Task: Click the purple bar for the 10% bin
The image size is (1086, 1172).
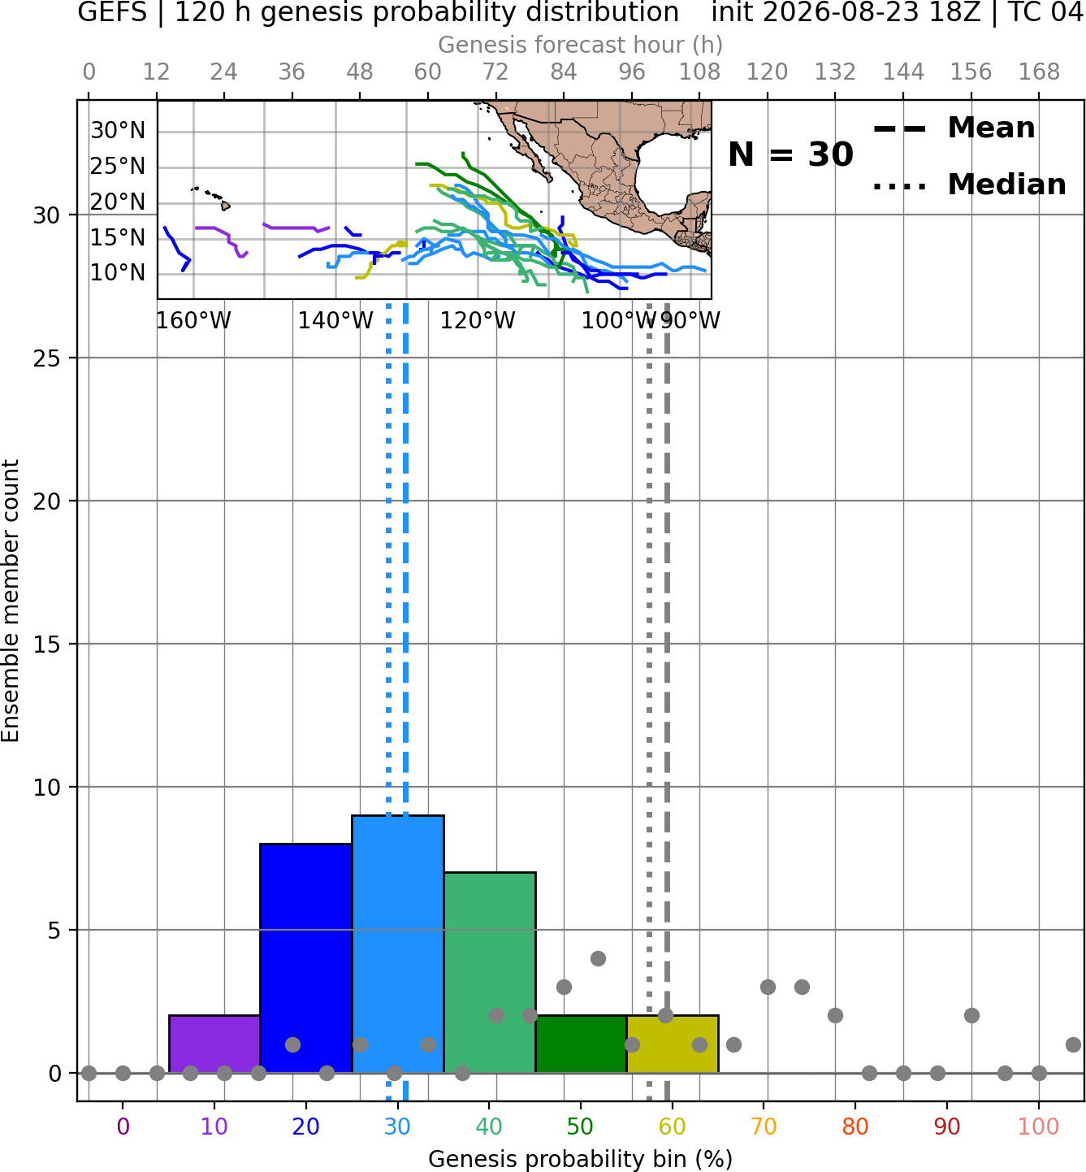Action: [214, 1044]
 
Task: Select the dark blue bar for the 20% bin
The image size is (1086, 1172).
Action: [306, 958]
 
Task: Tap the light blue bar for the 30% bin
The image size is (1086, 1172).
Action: [397, 944]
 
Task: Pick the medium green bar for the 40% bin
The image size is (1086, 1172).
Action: [490, 973]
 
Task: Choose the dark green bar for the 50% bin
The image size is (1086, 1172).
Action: [581, 1044]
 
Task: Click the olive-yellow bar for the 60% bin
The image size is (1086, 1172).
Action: [673, 1044]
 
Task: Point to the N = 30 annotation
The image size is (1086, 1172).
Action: [790, 154]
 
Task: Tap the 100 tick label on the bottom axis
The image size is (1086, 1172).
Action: [1039, 1127]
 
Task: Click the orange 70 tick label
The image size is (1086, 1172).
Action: [764, 1127]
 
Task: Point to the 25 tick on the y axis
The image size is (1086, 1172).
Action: [46, 358]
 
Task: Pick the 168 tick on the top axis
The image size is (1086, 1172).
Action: [1039, 72]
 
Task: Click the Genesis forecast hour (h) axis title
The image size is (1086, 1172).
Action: [580, 45]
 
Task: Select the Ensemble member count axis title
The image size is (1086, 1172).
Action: [11, 601]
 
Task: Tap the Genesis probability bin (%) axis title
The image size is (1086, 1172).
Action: [580, 1159]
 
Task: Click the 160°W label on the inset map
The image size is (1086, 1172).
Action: [193, 321]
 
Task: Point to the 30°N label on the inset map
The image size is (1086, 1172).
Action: [118, 130]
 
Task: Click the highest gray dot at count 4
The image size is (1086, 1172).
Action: [598, 958]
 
